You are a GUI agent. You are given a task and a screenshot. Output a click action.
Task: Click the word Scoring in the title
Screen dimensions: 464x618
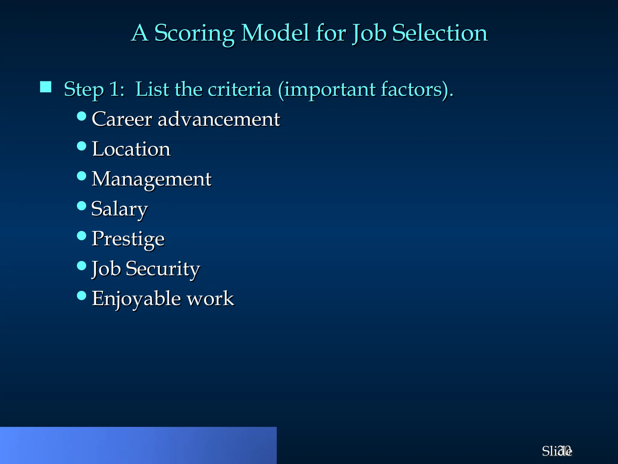point(194,33)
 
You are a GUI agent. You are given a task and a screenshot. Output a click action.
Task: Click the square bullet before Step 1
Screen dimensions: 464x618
point(46,87)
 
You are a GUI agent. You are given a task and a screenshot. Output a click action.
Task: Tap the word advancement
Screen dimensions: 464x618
point(219,119)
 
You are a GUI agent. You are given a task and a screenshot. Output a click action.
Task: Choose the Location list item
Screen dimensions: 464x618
point(131,149)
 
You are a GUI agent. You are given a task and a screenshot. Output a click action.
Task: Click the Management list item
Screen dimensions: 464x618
point(151,179)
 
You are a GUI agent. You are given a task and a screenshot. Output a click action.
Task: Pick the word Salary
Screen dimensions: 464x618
point(119,209)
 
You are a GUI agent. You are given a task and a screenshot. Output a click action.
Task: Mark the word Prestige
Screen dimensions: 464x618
point(128,239)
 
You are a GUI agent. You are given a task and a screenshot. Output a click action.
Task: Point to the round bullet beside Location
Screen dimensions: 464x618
point(81,146)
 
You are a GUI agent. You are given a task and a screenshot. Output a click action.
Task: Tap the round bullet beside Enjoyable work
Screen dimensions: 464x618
point(81,295)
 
